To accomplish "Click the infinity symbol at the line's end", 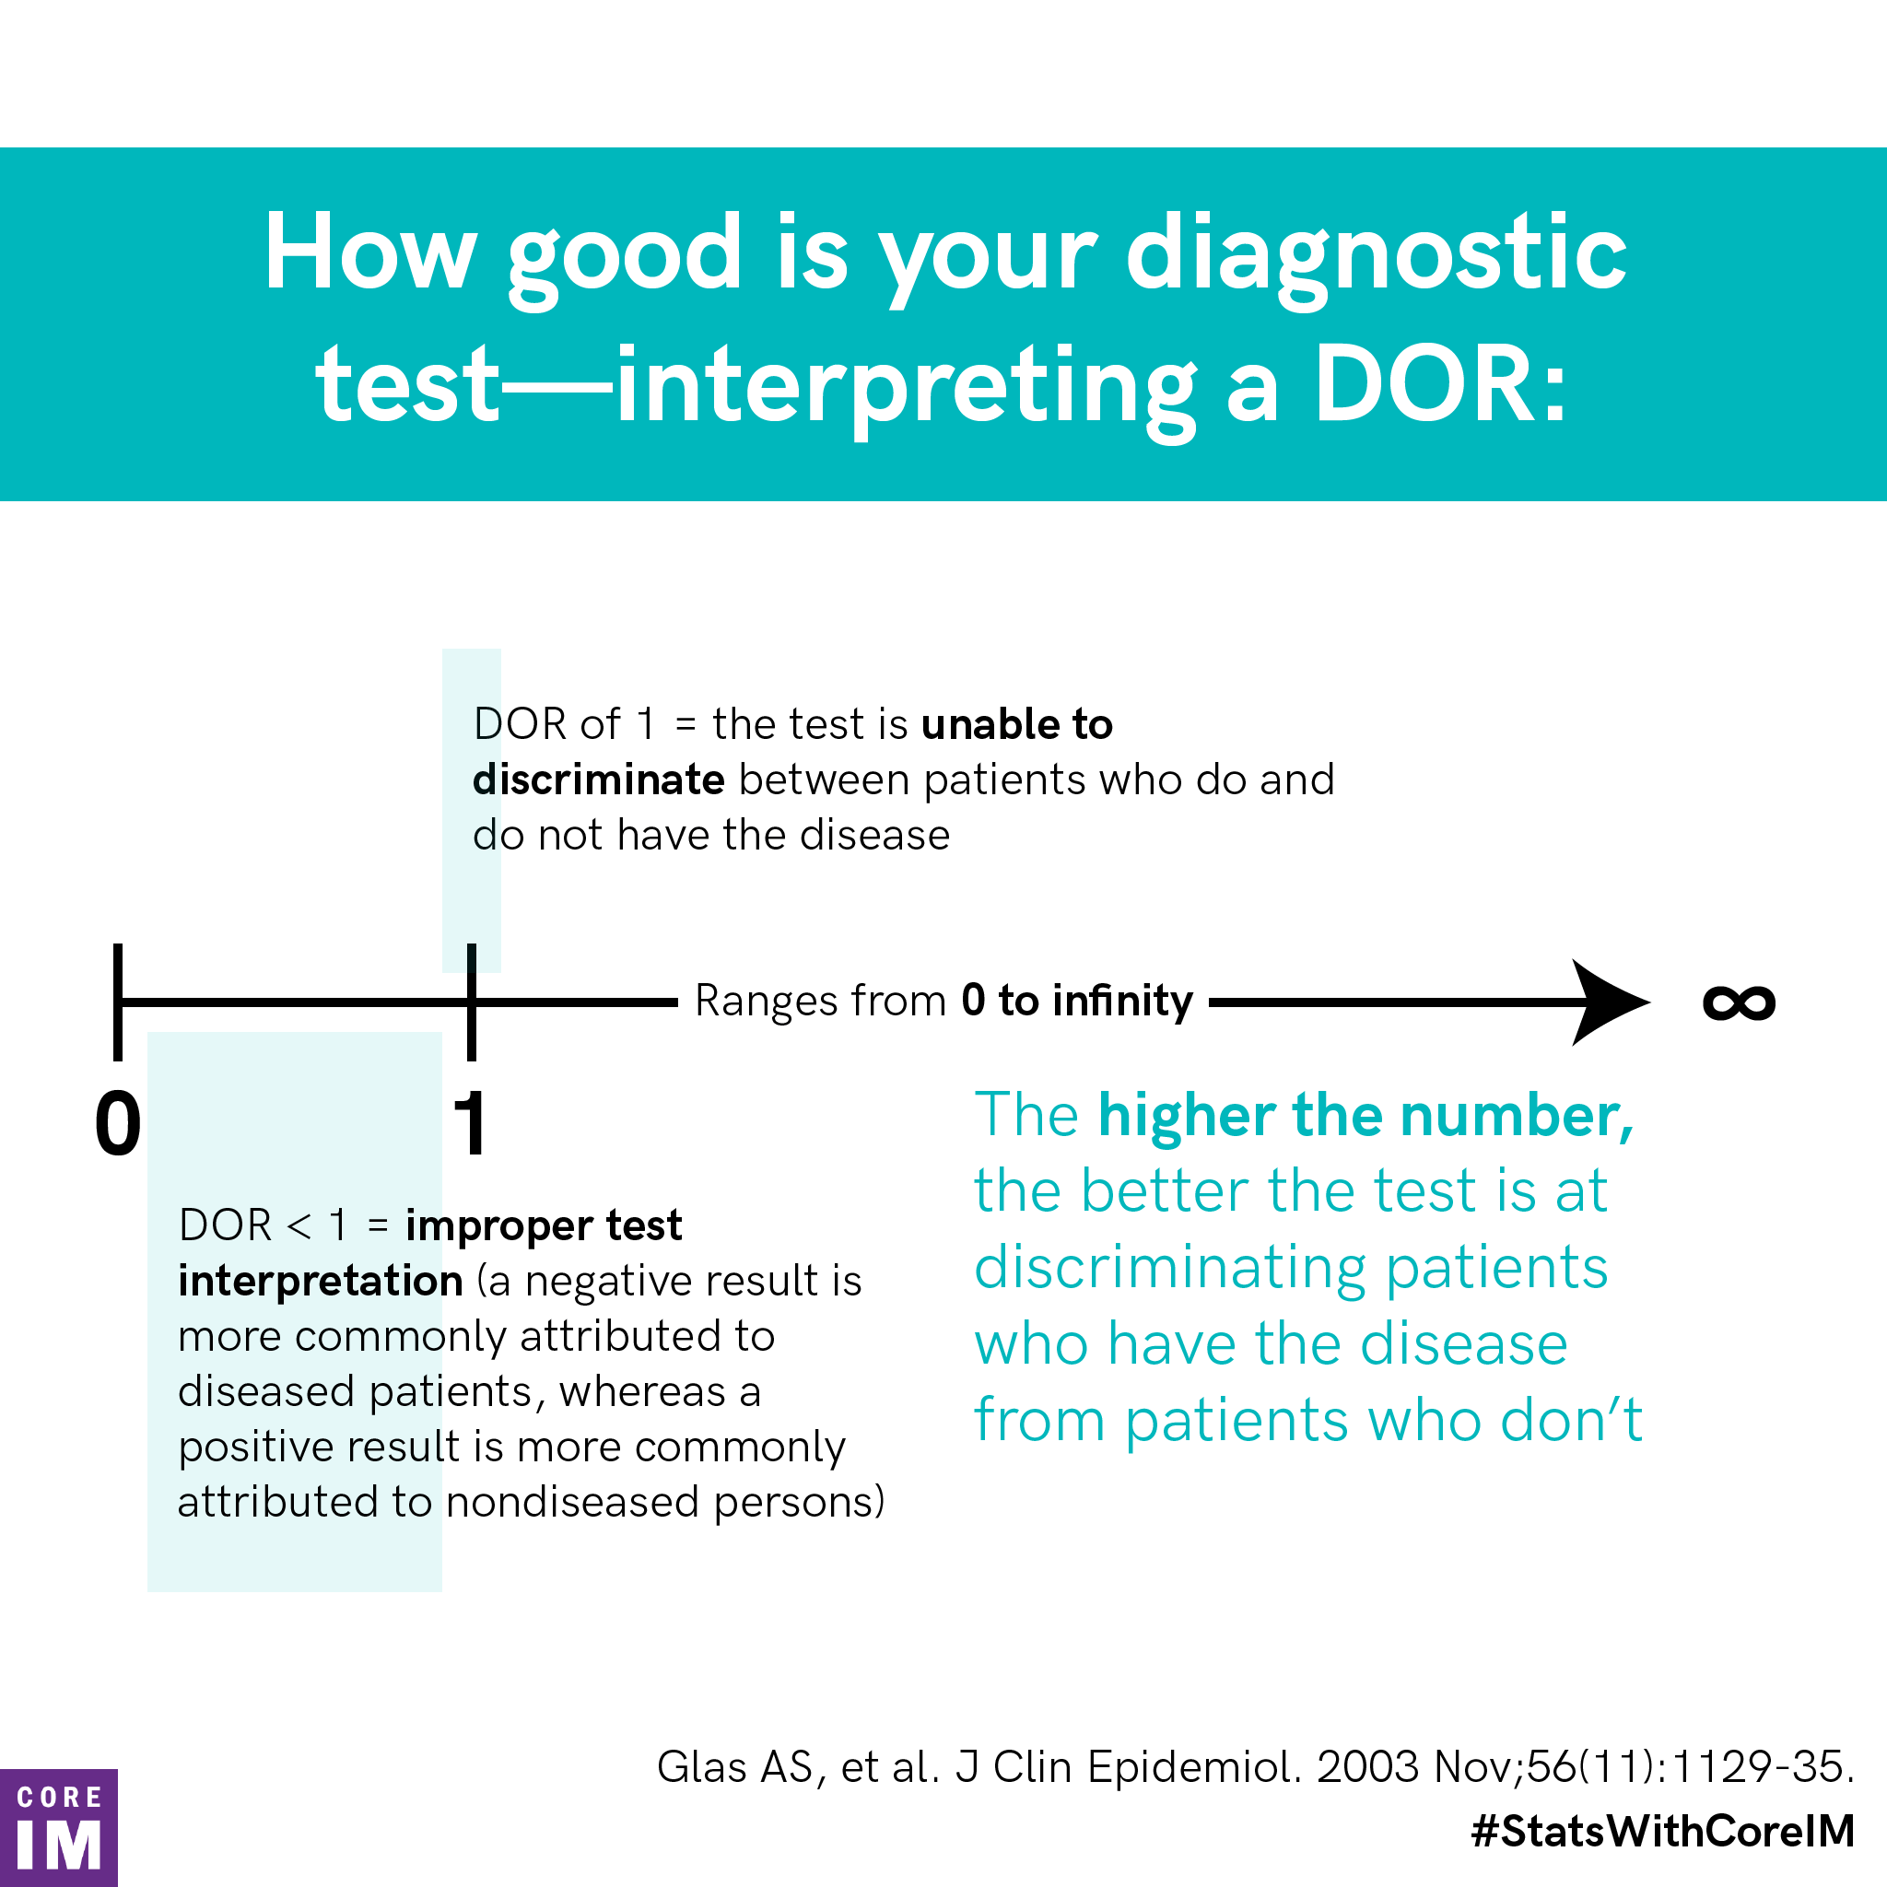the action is [x=1739, y=1003].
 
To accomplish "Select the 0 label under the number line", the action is [x=118, y=1123].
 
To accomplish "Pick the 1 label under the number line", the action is [x=471, y=1123].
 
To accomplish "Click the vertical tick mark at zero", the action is [x=118, y=1002].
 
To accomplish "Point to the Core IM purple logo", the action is [x=59, y=1827].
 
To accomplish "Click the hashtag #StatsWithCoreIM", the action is [x=1662, y=1831].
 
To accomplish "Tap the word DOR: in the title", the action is [x=1440, y=386].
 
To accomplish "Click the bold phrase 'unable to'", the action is [x=1017, y=723].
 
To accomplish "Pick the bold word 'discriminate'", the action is [x=599, y=779].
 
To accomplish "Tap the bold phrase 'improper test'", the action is [x=544, y=1225].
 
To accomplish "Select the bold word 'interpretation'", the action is [x=321, y=1281].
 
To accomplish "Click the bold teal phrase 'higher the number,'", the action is [x=1365, y=1116].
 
